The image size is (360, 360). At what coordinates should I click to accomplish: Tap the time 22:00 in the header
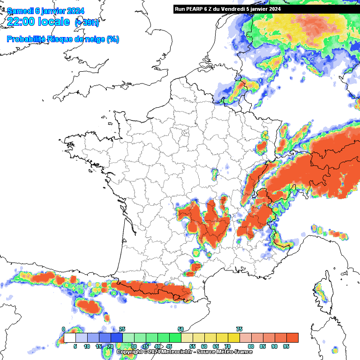click(x=23, y=22)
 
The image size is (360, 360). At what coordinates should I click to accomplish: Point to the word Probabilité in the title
click(x=26, y=39)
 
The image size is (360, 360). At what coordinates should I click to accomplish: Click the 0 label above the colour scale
click(x=63, y=330)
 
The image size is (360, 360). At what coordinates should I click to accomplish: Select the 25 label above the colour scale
click(x=122, y=330)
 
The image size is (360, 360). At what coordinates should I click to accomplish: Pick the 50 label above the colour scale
click(x=180, y=330)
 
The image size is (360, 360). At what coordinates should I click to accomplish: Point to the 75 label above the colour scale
click(x=239, y=330)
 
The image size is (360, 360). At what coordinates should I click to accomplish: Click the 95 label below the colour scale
click(x=286, y=346)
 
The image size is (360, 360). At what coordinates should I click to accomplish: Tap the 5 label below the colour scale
click(x=75, y=346)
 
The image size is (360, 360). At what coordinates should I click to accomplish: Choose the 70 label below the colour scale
click(x=227, y=346)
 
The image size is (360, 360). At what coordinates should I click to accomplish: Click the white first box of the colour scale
click(x=69, y=337)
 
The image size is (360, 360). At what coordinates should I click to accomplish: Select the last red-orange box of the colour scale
click(x=292, y=337)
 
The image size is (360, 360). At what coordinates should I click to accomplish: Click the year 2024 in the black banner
click(x=275, y=9)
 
